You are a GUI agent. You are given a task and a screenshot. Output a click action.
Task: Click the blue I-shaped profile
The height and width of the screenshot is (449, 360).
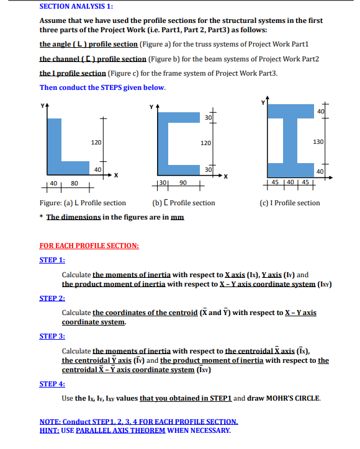pyautogui.click(x=288, y=142)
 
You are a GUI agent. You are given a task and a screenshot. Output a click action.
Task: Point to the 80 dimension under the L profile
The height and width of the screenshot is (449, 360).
pyautogui.click(x=74, y=183)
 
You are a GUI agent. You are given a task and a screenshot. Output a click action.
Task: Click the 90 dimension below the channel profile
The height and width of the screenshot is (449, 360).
pyautogui.click(x=182, y=183)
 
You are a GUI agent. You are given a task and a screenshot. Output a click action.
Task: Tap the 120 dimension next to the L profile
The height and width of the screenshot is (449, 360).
pyautogui.click(x=96, y=143)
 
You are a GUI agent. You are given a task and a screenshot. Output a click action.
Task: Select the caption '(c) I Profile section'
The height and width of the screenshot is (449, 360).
pyautogui.click(x=290, y=203)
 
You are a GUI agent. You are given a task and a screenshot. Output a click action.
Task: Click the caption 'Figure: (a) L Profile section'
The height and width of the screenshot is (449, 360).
pyautogui.click(x=83, y=203)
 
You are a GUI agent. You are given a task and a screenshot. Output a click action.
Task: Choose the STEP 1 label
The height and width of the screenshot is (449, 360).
pyautogui.click(x=52, y=260)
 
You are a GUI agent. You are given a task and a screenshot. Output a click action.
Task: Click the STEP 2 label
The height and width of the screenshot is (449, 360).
pyautogui.click(x=52, y=298)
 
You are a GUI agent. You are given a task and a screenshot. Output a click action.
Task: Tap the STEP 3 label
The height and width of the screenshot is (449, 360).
pyautogui.click(x=52, y=336)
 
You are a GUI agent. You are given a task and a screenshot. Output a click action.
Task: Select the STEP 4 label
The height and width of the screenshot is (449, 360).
pyautogui.click(x=52, y=384)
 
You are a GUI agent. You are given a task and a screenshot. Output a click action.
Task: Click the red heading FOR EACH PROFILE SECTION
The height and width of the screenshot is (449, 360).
pyautogui.click(x=89, y=246)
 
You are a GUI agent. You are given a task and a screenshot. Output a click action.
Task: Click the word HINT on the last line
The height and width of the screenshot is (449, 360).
pyautogui.click(x=50, y=430)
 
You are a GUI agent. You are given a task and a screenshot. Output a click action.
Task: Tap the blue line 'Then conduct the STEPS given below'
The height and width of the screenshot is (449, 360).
pyautogui.click(x=102, y=87)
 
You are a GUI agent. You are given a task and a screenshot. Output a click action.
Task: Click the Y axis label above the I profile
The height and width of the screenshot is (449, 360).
pyautogui.click(x=263, y=102)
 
